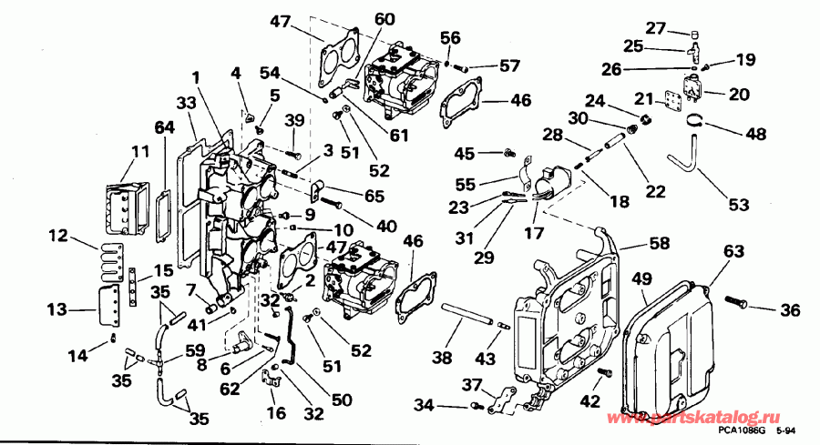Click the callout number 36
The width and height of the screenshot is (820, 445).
(789, 310)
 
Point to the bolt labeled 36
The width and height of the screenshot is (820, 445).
(737, 299)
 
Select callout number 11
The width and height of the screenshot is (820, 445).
(139, 151)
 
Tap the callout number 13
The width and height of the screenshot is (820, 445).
(56, 309)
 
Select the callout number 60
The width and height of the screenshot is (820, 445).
(384, 18)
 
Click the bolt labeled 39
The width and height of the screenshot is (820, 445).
(292, 157)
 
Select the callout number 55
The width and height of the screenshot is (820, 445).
(465, 184)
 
